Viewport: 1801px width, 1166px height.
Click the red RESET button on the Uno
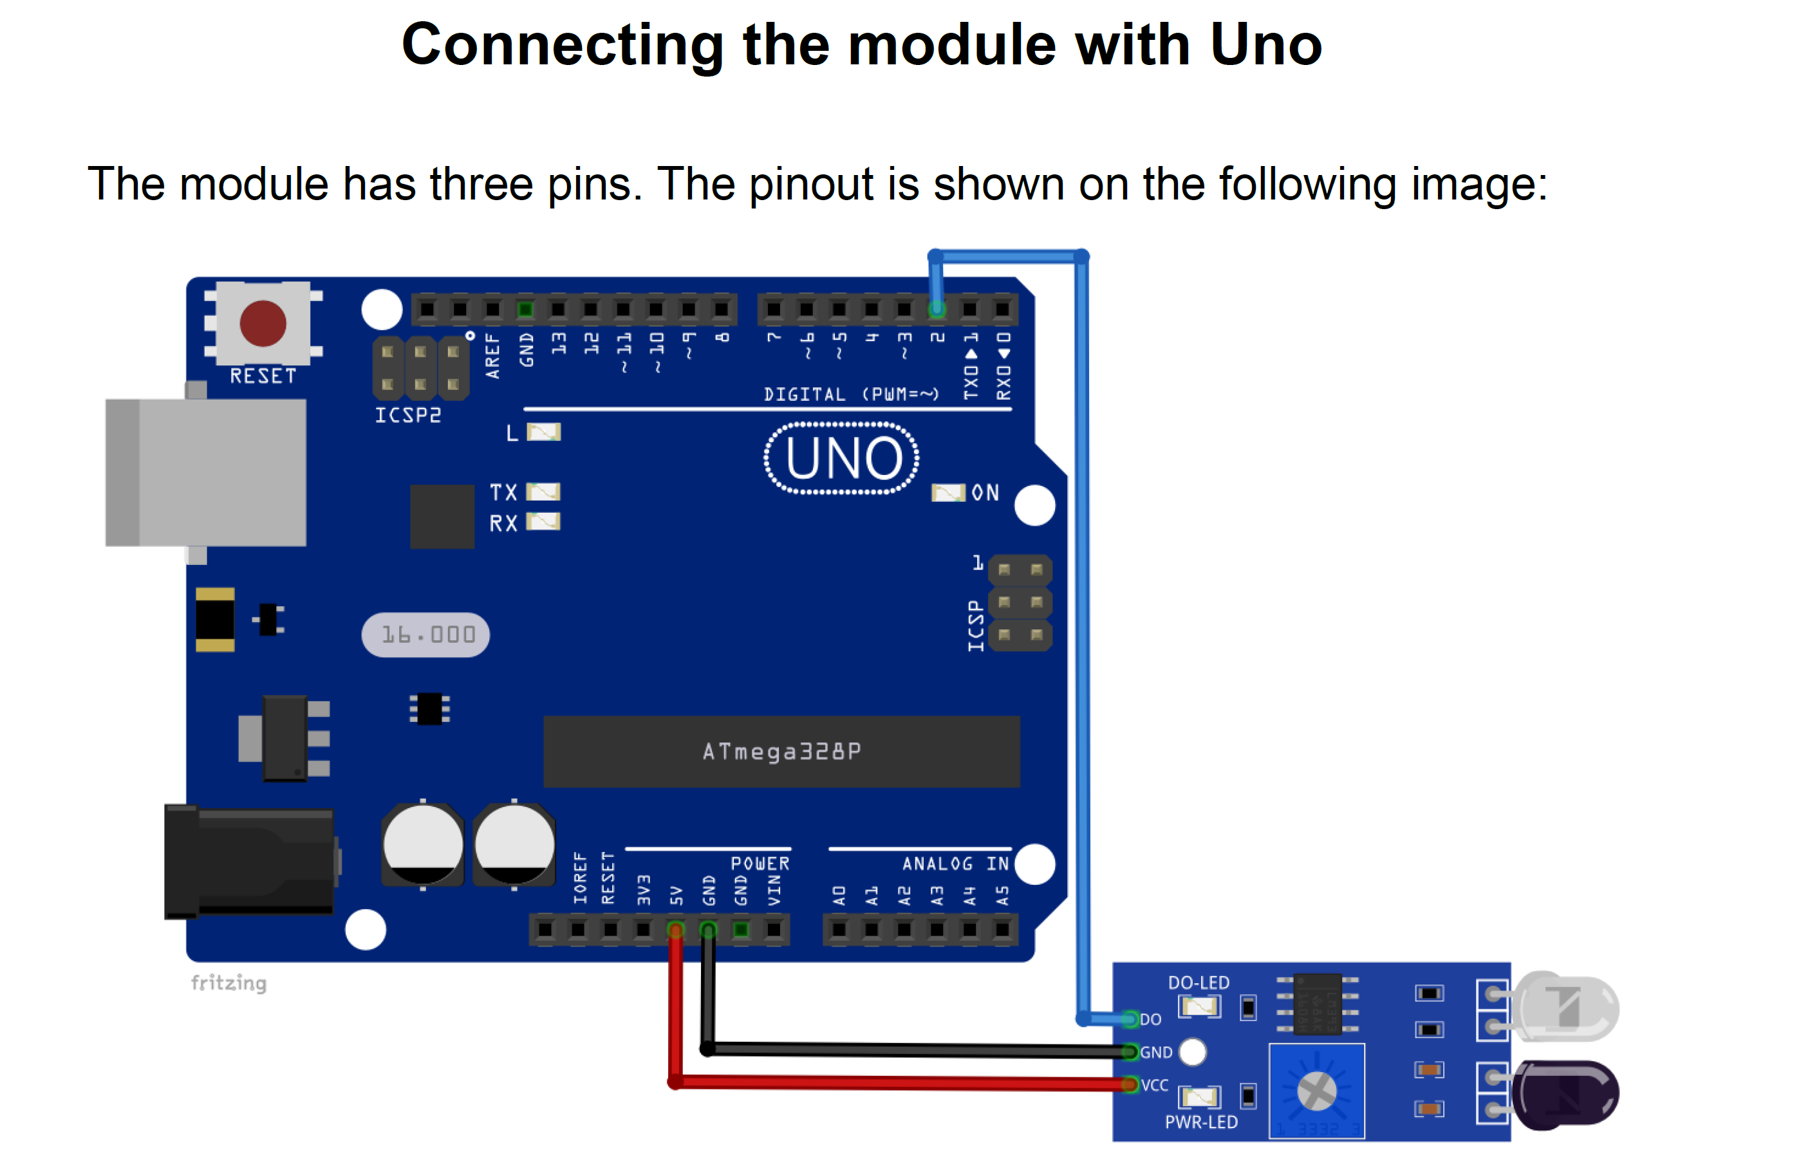click(x=263, y=323)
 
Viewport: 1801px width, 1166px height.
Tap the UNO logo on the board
click(x=842, y=459)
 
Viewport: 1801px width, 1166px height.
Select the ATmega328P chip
click(x=781, y=752)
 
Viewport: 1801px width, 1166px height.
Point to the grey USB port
click(x=206, y=472)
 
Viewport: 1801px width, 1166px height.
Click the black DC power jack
click(x=250, y=861)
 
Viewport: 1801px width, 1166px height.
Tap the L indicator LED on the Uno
click(x=543, y=432)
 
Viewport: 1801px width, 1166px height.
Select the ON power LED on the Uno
click(x=947, y=492)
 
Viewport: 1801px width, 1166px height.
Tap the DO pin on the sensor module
click(x=1130, y=1019)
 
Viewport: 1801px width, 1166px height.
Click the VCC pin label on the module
click(x=1155, y=1085)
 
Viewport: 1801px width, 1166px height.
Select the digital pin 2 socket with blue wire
click(x=937, y=309)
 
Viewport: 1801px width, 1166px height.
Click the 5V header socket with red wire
click(x=676, y=929)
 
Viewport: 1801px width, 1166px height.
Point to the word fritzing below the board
click(x=229, y=982)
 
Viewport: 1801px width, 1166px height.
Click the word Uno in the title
click(x=1265, y=46)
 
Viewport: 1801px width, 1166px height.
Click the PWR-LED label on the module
click(x=1201, y=1122)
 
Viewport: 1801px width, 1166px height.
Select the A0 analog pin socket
click(x=839, y=929)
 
